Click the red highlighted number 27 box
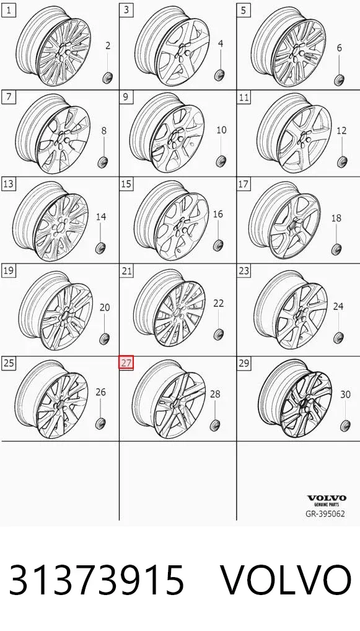pos(126,363)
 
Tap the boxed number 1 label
pos(9,10)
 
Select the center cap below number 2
pos(107,76)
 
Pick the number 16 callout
pos(218,214)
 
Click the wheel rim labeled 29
pos(295,399)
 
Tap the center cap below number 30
pos(345,425)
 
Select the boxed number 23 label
pos(244,270)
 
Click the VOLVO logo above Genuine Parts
pos(327,498)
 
